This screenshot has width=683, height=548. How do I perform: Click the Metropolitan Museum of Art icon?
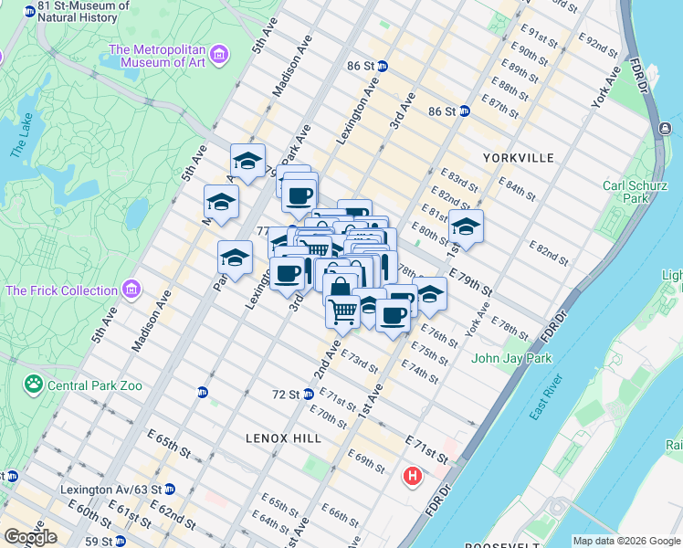point(218,57)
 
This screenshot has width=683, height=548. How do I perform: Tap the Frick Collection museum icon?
point(132,290)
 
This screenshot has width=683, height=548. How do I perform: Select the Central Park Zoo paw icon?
point(35,385)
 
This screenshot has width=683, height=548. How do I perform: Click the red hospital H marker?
point(414,476)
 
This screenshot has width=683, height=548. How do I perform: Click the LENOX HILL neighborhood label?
point(283,438)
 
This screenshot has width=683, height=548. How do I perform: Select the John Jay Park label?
point(511,358)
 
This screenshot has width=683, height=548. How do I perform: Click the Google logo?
point(29,537)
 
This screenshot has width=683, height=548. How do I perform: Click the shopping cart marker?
point(343,311)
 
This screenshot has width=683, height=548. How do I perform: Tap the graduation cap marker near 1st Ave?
point(466,227)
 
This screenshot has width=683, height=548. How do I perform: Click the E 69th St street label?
point(366,460)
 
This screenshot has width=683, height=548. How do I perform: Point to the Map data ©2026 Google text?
point(626,541)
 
